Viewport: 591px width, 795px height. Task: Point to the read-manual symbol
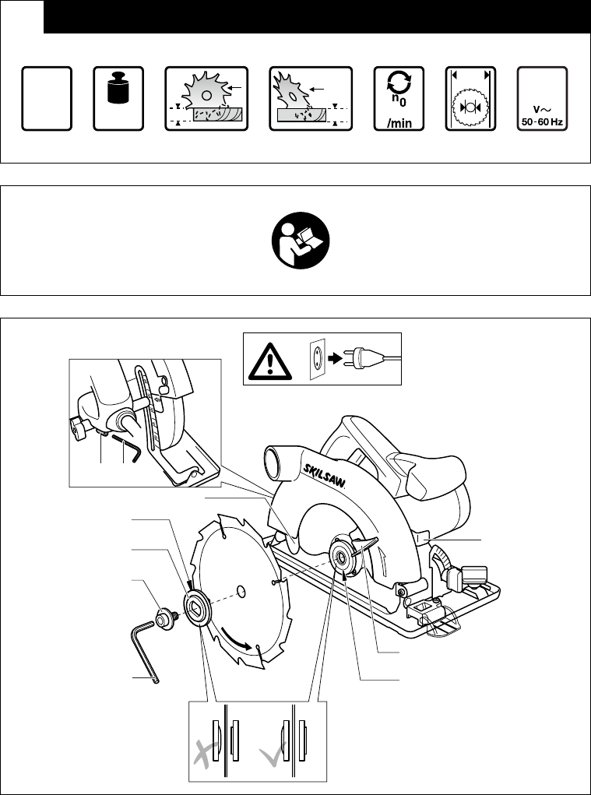(295, 241)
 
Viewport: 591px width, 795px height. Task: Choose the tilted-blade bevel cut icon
(309, 98)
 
